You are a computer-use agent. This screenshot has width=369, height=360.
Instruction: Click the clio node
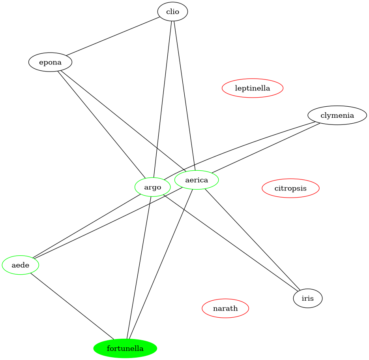pos(172,12)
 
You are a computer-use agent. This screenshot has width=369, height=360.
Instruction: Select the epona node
pos(50,62)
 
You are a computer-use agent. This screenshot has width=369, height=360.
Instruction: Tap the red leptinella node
pos(252,88)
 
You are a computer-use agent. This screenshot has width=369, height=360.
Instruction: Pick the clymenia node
pos(337,115)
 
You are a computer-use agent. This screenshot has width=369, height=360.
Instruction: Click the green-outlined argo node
pos(153,187)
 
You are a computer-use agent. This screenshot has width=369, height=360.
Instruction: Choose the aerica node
pos(197,180)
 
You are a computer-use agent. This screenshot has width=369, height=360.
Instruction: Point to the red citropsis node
pos(290,188)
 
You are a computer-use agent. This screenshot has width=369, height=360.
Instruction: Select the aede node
pos(21,265)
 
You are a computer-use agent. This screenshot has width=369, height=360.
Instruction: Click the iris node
pos(308,298)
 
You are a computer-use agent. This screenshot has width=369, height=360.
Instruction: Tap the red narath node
pos(225,308)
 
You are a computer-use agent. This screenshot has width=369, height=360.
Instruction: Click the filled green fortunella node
pos(125,349)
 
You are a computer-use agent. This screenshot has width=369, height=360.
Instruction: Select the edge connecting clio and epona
pos(111,37)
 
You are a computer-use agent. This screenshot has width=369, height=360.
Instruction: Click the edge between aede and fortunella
pos(72,306)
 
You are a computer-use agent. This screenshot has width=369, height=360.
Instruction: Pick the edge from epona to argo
pos(101,125)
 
